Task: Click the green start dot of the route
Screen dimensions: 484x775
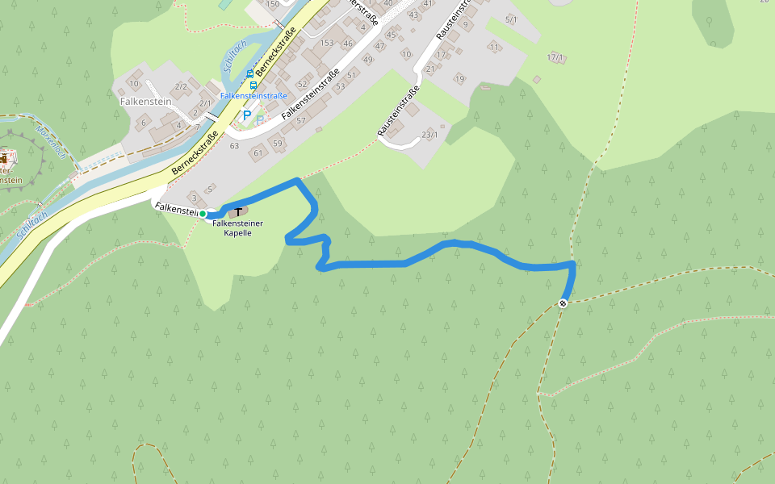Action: [203, 214]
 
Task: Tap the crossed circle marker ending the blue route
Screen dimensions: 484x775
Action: [562, 303]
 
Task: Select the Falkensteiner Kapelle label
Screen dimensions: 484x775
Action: [238, 227]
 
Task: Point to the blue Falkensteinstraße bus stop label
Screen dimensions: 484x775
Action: [253, 95]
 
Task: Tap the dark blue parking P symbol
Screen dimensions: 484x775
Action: [247, 116]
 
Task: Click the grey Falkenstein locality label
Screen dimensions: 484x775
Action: [145, 102]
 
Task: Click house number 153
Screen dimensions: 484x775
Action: [326, 43]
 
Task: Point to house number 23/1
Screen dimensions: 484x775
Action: [429, 134]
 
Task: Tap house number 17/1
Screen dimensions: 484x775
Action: [555, 58]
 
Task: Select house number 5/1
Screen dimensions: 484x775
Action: [511, 19]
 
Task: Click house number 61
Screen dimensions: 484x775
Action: [258, 152]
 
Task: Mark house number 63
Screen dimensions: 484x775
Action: [235, 146]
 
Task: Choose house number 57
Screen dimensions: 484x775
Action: [300, 120]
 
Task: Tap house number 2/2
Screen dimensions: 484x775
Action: [181, 86]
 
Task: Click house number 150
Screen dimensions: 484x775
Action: [273, 4]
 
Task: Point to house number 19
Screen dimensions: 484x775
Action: [459, 79]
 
